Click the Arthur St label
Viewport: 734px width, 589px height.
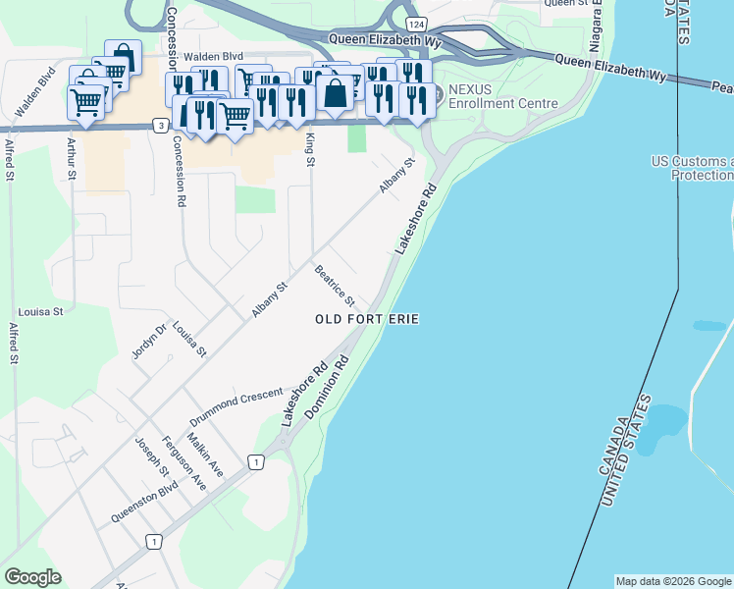(x=71, y=158)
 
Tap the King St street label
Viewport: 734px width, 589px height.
(x=310, y=148)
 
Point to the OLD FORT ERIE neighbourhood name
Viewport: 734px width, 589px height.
(x=367, y=319)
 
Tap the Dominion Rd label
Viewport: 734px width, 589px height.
(x=328, y=389)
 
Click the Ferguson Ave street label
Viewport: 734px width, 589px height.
(x=184, y=462)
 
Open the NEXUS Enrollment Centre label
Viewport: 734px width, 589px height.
(x=503, y=96)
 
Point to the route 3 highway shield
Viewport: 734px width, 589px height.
(x=160, y=125)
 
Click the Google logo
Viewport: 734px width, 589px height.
(x=32, y=577)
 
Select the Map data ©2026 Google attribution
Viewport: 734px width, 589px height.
(x=673, y=581)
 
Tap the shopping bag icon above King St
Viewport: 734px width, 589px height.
(x=335, y=94)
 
